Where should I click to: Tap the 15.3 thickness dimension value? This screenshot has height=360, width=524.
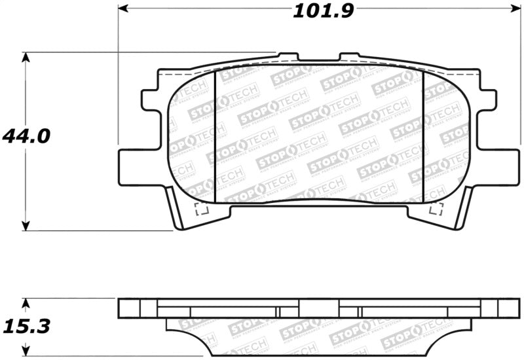click(26, 325)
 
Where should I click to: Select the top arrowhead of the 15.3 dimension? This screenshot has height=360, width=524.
click(26, 303)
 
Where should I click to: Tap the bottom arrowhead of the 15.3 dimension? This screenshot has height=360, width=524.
click(26, 351)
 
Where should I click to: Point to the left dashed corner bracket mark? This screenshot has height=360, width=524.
click(202, 209)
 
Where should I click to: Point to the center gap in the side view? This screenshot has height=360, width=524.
click(319, 308)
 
